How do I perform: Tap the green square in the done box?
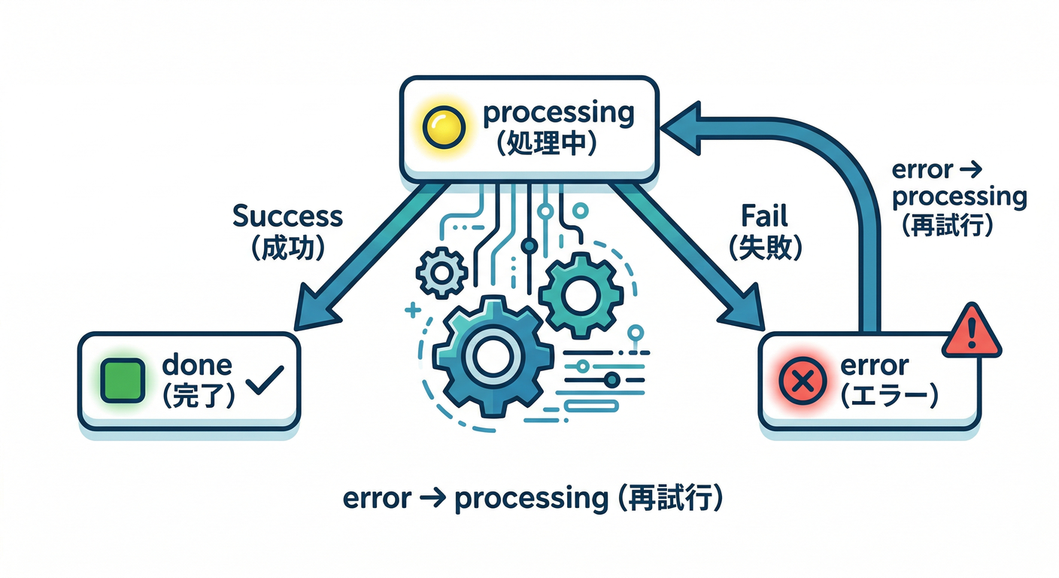[x=122, y=379]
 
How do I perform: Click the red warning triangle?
[x=972, y=331]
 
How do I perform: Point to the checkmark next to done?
[x=265, y=382]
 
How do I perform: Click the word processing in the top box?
[x=557, y=114]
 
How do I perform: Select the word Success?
[x=287, y=217]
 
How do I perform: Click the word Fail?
[x=765, y=217]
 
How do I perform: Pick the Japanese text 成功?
[x=289, y=248]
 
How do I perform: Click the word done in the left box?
[x=197, y=366]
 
